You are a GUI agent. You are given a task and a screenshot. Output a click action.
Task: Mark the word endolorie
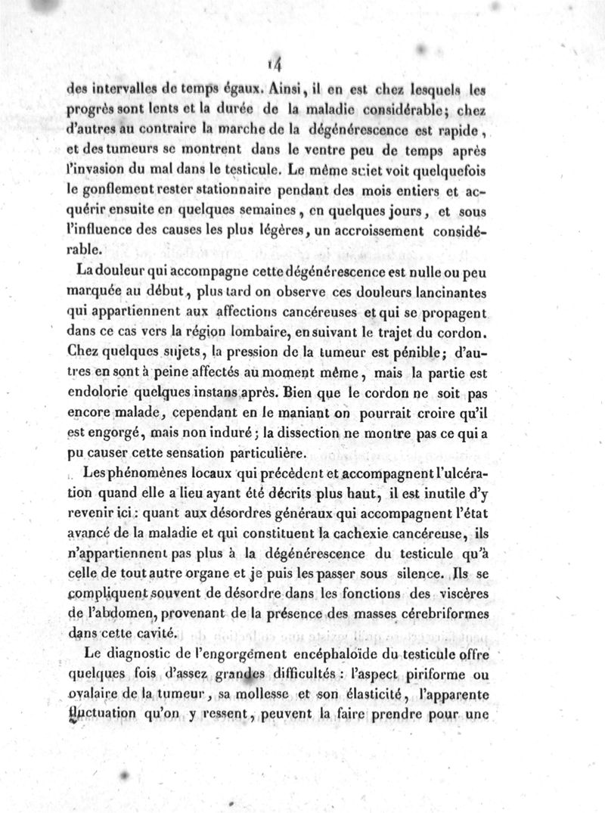(98, 393)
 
